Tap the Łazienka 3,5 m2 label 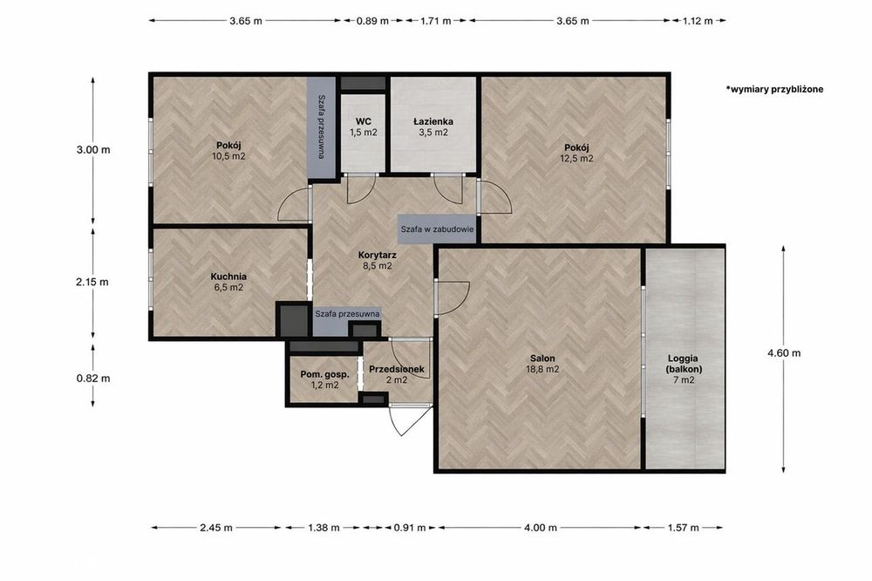click(433, 126)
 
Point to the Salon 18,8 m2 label click(542, 364)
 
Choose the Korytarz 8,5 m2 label click(377, 261)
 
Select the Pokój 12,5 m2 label click(576, 153)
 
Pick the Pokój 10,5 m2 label click(228, 151)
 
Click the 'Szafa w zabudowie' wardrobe click(437, 229)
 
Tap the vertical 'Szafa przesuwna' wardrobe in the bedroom click(322, 127)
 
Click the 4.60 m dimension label click(784, 352)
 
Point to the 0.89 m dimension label click(372, 21)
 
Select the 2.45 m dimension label click(215, 528)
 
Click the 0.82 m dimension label click(93, 379)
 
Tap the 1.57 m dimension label click(683, 528)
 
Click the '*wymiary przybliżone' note click(774, 89)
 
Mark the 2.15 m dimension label click(92, 282)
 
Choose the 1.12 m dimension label click(698, 21)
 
